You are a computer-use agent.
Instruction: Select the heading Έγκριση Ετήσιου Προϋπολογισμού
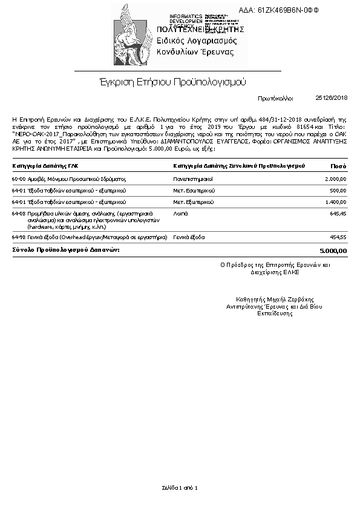(x=172, y=82)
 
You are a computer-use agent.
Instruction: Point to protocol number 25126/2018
(x=332, y=97)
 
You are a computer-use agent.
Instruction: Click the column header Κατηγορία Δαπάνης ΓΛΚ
(x=45, y=166)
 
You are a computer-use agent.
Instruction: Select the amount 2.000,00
(x=335, y=179)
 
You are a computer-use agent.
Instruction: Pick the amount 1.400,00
(x=335, y=202)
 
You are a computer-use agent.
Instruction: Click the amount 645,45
(x=338, y=214)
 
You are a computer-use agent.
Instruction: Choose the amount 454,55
(x=338, y=237)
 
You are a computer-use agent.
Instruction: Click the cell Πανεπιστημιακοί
(x=193, y=179)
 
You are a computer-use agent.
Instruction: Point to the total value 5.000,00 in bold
(x=333, y=250)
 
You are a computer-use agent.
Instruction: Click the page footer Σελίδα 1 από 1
(x=180, y=487)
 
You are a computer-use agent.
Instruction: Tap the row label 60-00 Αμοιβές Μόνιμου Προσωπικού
(x=68, y=179)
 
